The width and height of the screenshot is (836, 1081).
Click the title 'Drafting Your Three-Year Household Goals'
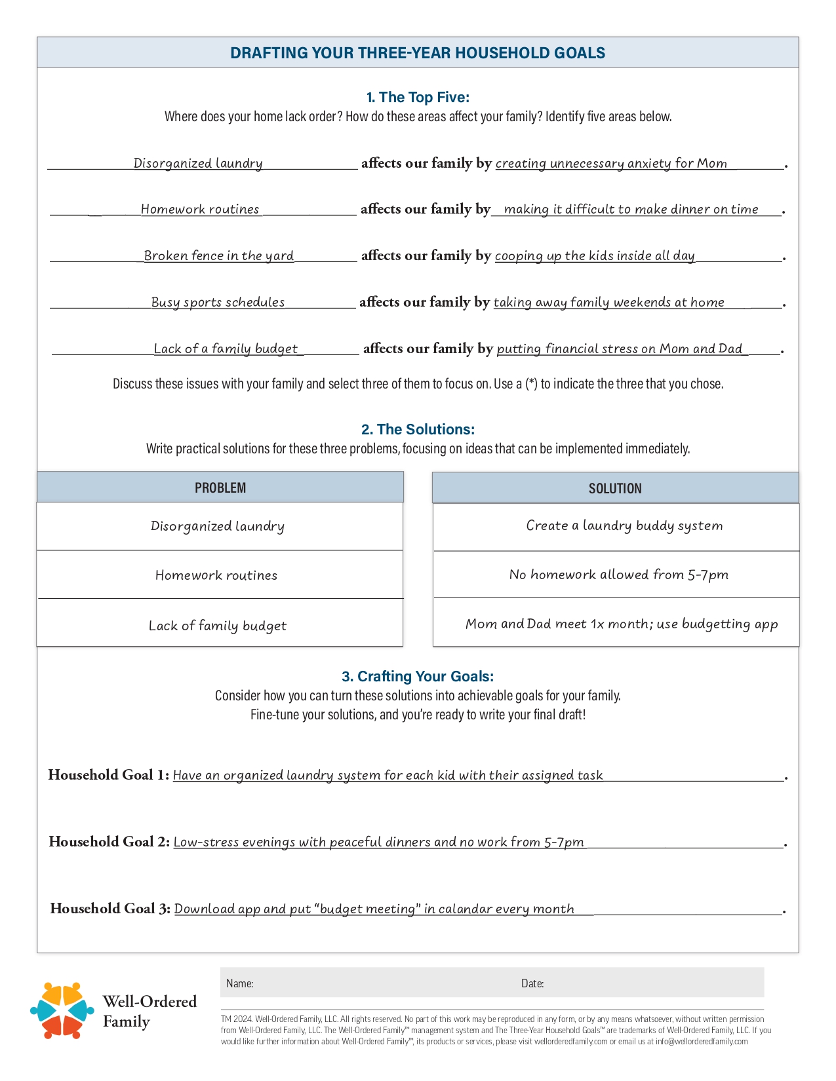(x=418, y=53)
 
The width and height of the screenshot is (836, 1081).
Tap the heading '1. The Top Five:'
(x=418, y=98)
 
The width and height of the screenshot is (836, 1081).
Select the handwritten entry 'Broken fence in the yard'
(x=219, y=256)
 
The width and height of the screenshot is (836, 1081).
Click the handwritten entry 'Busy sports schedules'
(x=218, y=302)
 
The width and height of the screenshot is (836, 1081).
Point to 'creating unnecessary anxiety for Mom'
(x=611, y=163)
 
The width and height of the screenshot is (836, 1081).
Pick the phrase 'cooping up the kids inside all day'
(x=595, y=256)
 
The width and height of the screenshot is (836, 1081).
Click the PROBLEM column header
(x=220, y=487)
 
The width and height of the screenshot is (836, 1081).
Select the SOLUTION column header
(x=615, y=488)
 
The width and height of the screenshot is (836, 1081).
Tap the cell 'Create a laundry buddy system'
(x=624, y=525)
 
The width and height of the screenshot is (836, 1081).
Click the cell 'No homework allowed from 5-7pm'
(x=618, y=575)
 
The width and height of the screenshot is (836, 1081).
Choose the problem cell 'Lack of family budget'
(x=218, y=626)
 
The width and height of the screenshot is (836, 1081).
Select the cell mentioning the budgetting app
(x=622, y=624)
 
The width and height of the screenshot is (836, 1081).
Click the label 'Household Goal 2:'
(x=109, y=842)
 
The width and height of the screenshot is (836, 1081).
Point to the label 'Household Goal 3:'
(x=110, y=909)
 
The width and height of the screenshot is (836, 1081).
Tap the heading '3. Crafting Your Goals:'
(x=418, y=676)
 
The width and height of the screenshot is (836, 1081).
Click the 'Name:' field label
(x=240, y=983)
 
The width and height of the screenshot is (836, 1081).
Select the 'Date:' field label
(x=532, y=983)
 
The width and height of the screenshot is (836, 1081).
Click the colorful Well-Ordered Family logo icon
(x=62, y=1010)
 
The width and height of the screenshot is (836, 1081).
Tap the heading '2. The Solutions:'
(x=418, y=430)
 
